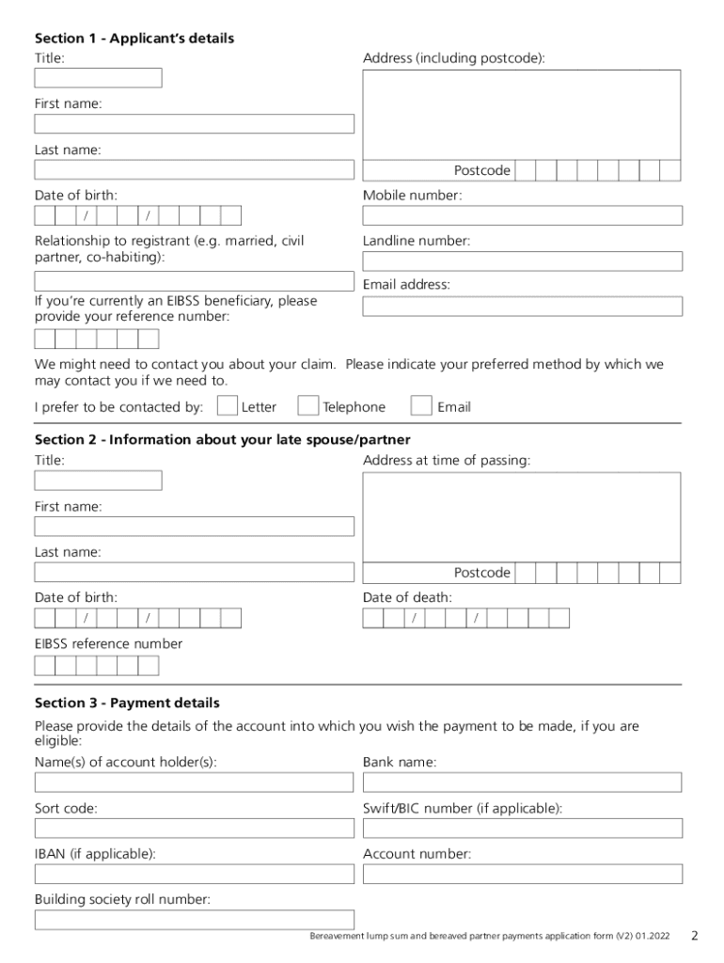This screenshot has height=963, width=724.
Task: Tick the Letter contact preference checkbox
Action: click(x=227, y=405)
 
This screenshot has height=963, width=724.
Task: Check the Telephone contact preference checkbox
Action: click(x=307, y=405)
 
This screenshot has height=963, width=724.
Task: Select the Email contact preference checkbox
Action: click(x=421, y=405)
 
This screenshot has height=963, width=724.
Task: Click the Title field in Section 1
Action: click(x=98, y=78)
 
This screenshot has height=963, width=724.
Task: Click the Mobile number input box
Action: click(x=522, y=215)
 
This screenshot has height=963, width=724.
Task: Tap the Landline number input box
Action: click(x=522, y=260)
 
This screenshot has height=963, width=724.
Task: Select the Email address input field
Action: click(x=522, y=307)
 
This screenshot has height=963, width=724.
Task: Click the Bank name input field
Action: click(x=522, y=782)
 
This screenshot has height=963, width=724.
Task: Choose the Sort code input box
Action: click(x=195, y=828)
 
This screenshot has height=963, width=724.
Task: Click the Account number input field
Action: click(x=522, y=874)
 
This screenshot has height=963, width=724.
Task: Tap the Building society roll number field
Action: click(x=195, y=920)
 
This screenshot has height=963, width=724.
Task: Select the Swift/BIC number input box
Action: click(x=522, y=828)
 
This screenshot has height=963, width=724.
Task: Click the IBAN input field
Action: click(x=195, y=874)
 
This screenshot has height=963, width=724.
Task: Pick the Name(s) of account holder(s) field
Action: click(x=195, y=782)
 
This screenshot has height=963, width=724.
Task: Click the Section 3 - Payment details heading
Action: click(x=127, y=703)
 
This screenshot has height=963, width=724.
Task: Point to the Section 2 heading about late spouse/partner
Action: click(x=222, y=440)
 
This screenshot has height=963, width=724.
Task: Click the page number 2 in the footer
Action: click(x=694, y=936)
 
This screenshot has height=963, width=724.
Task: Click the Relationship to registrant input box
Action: click(x=195, y=280)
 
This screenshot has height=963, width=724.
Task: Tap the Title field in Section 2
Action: click(x=98, y=481)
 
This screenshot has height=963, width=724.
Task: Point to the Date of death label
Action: click(x=407, y=597)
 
